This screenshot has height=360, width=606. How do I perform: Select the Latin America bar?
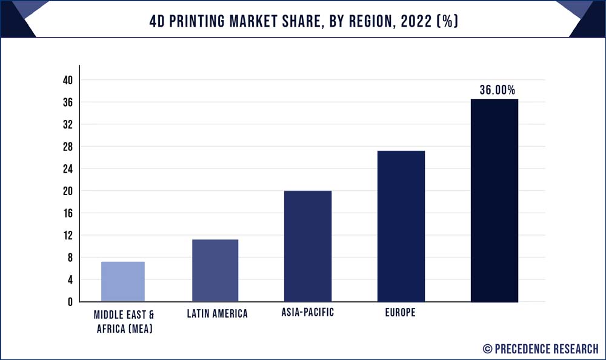pos(215,270)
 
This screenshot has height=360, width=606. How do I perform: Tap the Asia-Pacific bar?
pos(308,246)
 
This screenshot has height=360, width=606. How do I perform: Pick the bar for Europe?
pos(401,226)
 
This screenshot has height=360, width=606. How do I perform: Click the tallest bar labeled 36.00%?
pos(494,200)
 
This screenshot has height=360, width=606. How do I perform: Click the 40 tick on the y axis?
pos(67,80)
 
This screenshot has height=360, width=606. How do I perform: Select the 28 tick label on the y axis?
pos(67,147)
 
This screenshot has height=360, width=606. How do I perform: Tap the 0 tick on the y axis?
pos(70,302)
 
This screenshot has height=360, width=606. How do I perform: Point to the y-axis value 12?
pos(67,235)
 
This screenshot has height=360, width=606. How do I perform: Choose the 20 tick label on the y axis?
pos(67,191)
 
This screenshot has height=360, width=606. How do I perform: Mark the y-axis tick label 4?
pos(70,279)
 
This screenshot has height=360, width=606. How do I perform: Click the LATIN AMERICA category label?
pos(218,314)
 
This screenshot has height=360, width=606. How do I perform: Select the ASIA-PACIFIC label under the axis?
pos(308,313)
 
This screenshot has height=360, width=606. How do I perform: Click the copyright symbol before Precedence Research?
pos(488,348)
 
